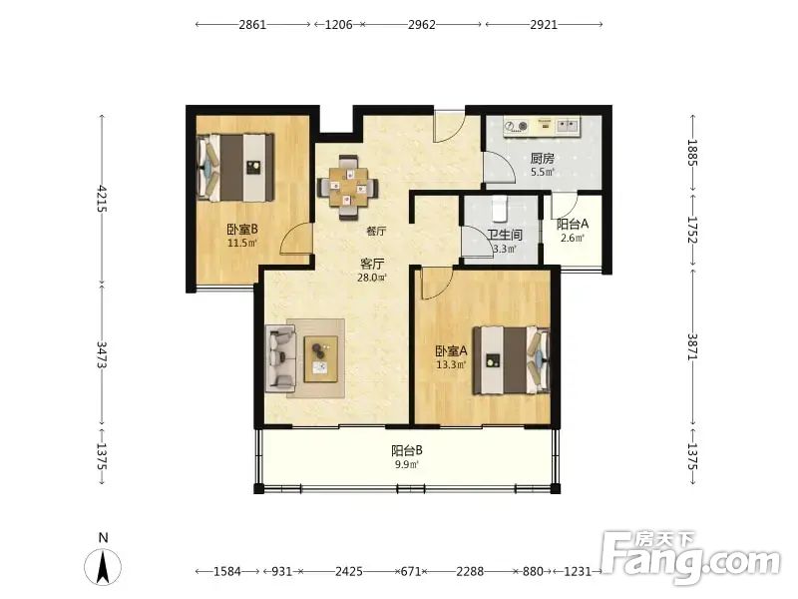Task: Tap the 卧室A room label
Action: (451, 351)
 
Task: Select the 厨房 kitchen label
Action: (542, 159)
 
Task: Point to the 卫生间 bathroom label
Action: (505, 235)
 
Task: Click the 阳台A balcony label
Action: (573, 224)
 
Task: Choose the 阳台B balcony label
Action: (407, 450)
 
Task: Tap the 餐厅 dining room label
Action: (376, 231)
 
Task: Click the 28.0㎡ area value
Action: (372, 278)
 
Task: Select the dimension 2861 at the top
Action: (253, 24)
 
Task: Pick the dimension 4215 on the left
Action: (102, 198)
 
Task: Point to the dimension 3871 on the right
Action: (692, 346)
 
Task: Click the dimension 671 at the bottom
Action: (411, 571)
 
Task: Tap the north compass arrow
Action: (103, 567)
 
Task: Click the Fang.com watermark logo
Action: (689, 558)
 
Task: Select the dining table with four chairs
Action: (348, 188)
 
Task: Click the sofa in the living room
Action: (280, 358)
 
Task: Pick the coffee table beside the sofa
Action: (321, 359)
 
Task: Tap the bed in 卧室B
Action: (235, 167)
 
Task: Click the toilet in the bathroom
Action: (500, 209)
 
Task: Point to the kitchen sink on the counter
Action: (568, 126)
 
